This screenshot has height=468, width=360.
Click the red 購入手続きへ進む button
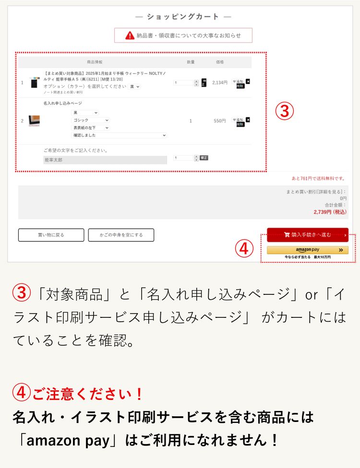(307, 234)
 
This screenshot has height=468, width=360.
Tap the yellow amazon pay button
(307, 250)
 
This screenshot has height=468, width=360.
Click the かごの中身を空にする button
(121, 235)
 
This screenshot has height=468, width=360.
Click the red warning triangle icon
(130, 35)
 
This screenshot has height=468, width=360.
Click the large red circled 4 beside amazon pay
(244, 248)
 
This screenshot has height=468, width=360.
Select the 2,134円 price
(220, 82)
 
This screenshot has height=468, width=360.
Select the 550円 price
(220, 121)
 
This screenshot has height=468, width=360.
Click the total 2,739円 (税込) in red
(330, 211)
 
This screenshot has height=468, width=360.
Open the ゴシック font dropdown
(91, 120)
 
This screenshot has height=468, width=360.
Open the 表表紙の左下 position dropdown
(91, 128)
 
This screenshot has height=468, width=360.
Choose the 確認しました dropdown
(119, 135)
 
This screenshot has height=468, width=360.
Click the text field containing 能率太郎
(105, 160)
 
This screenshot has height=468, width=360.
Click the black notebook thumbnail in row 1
(34, 82)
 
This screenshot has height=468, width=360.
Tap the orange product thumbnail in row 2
(34, 121)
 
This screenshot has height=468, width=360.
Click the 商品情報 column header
(95, 62)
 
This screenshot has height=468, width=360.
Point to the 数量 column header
(191, 62)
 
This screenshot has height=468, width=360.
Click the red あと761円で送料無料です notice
(318, 178)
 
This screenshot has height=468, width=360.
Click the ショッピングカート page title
(183, 17)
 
